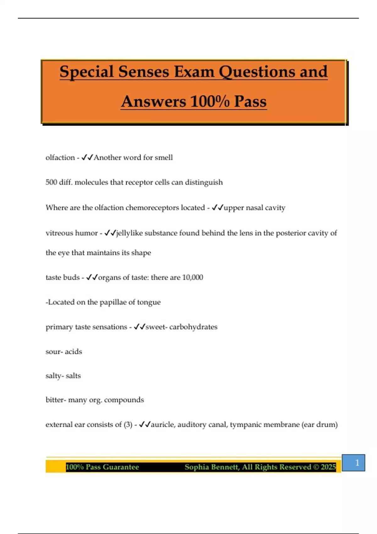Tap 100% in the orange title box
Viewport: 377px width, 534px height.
point(210,101)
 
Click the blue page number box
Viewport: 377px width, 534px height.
point(353,463)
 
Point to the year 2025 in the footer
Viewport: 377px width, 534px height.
point(328,467)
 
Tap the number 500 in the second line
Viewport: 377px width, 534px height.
point(51,182)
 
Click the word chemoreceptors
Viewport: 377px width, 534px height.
point(152,208)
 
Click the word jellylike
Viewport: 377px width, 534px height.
point(129,233)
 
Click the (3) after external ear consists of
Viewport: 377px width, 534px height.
point(128,425)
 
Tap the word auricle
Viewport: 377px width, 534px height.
point(163,425)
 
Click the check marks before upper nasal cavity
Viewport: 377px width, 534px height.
point(217,208)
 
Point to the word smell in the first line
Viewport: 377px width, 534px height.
point(164,157)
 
